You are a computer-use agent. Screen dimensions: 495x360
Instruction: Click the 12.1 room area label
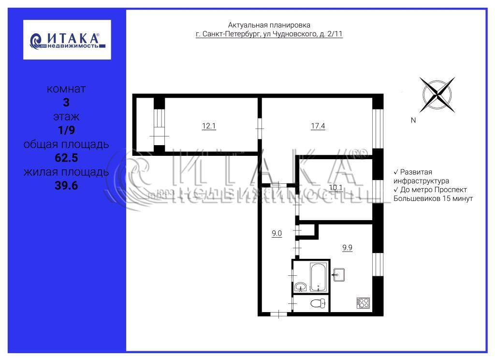[x=209, y=126]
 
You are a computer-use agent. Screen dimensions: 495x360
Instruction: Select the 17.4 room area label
[x=318, y=126]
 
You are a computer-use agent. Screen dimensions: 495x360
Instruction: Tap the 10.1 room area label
[x=335, y=188]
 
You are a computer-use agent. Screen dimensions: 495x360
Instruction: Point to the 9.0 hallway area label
[x=277, y=234]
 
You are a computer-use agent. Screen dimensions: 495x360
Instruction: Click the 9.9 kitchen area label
[x=347, y=248]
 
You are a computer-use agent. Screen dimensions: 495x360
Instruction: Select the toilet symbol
[x=318, y=304]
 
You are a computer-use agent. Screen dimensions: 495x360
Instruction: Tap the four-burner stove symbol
[x=363, y=303]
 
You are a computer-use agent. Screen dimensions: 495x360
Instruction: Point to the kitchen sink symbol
[x=338, y=275]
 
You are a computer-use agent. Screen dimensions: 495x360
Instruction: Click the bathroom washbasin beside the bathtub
[x=300, y=287]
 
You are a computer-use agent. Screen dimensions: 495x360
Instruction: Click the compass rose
[x=437, y=95]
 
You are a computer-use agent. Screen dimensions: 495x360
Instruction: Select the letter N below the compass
[x=413, y=120]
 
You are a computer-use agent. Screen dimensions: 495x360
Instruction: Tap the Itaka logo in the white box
[x=67, y=40]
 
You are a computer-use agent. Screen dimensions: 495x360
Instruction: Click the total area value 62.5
[x=66, y=158]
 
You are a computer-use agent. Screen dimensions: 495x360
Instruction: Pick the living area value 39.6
[x=66, y=185]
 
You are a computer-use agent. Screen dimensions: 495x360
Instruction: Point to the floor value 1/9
[x=66, y=130]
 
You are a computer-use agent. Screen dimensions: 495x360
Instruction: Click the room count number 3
[x=66, y=103]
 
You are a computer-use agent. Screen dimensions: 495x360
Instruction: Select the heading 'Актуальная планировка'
[x=269, y=25]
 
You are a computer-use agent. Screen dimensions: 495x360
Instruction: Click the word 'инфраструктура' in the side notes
[x=421, y=181]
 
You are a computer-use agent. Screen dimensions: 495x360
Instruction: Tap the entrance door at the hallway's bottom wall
[x=278, y=314]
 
